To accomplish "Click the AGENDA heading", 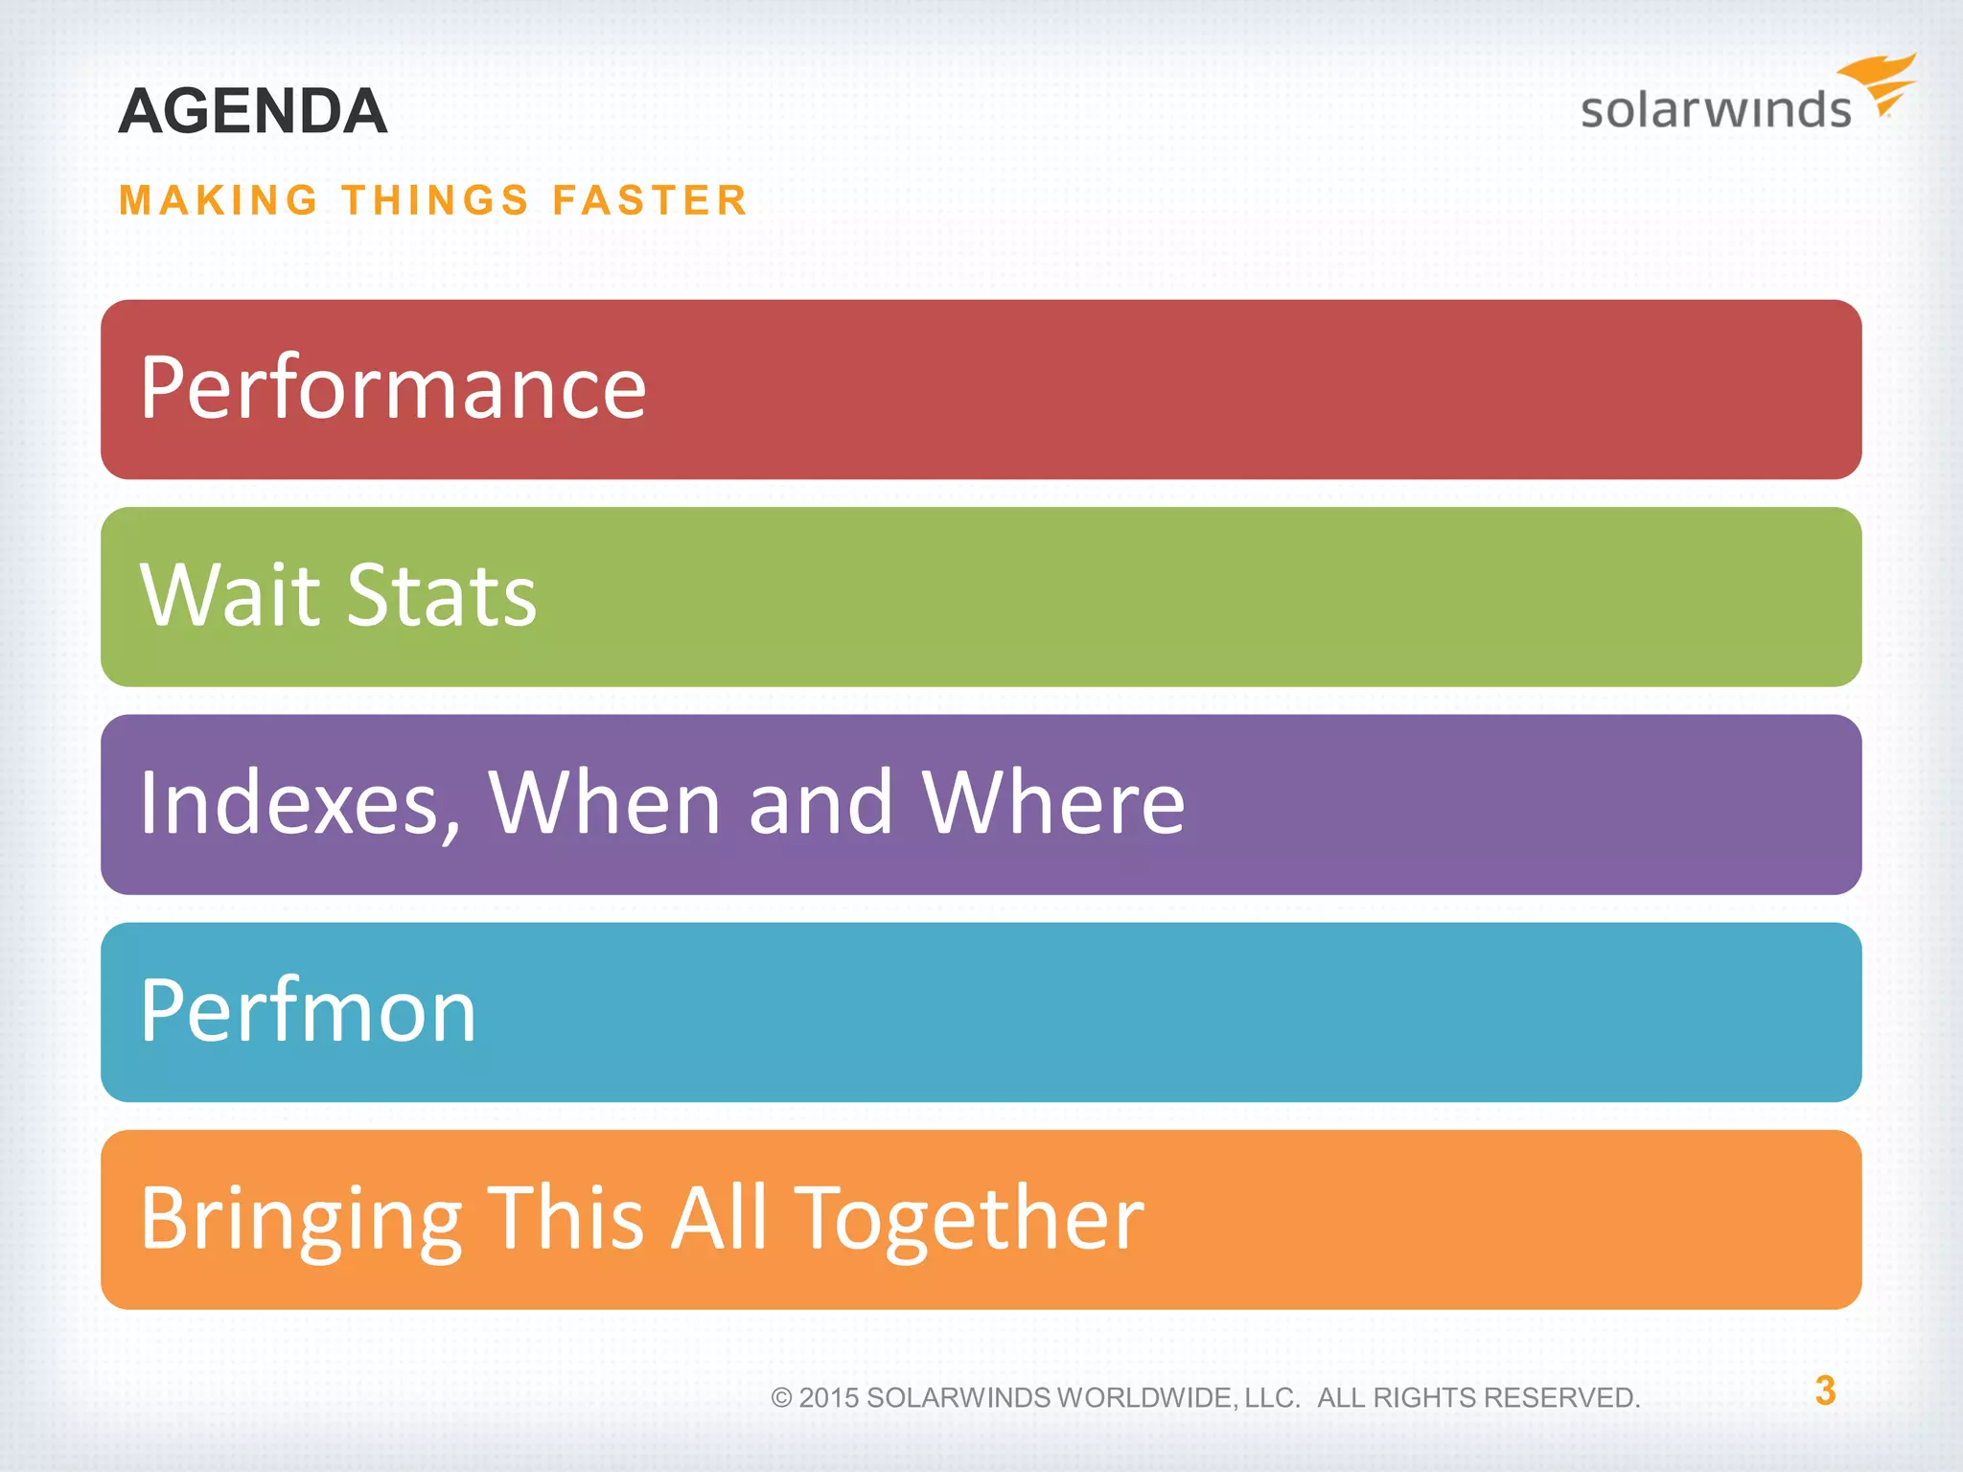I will (x=253, y=111).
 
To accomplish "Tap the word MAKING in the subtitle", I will (x=219, y=200).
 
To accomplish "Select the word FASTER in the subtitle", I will (x=650, y=200).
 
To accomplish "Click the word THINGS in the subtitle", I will (x=436, y=200).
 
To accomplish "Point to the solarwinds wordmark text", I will (x=1716, y=109).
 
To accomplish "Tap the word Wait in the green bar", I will (x=230, y=595).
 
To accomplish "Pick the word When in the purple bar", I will (x=604, y=803).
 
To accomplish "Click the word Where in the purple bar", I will (x=1053, y=803).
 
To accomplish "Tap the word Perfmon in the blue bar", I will (x=308, y=1011).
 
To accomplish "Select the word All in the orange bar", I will (x=719, y=1219).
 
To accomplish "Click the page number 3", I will (x=1825, y=1391).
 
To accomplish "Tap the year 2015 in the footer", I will (x=829, y=1398).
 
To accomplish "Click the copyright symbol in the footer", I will (x=781, y=1398).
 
